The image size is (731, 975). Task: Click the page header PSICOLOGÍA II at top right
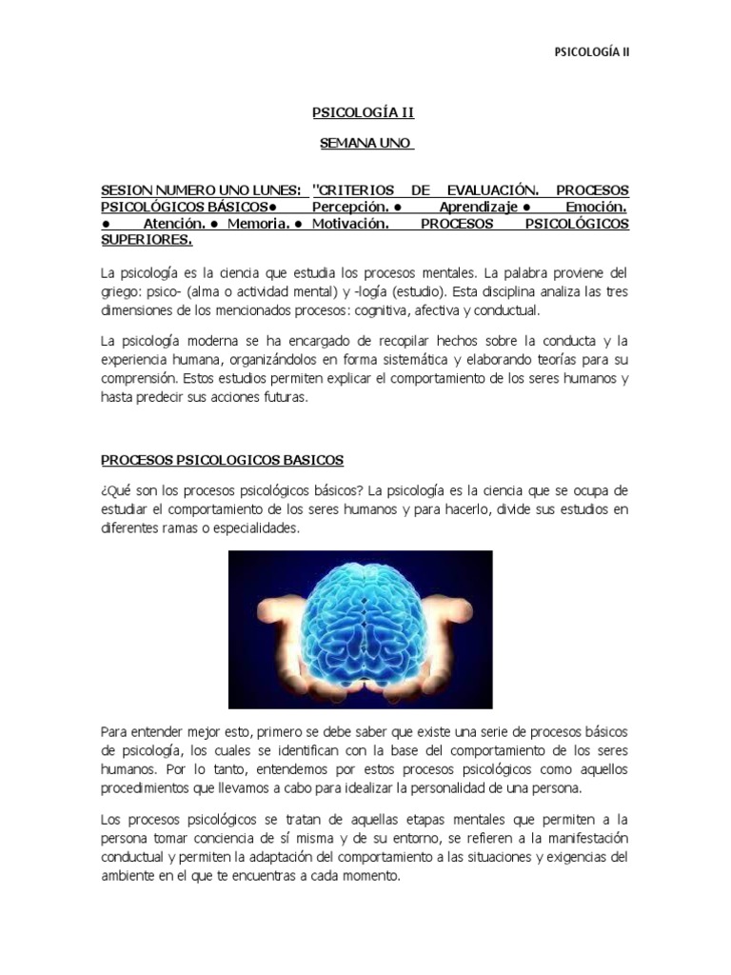[592, 52]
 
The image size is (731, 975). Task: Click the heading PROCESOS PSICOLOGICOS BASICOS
[222, 460]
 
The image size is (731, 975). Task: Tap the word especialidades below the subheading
[246, 528]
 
